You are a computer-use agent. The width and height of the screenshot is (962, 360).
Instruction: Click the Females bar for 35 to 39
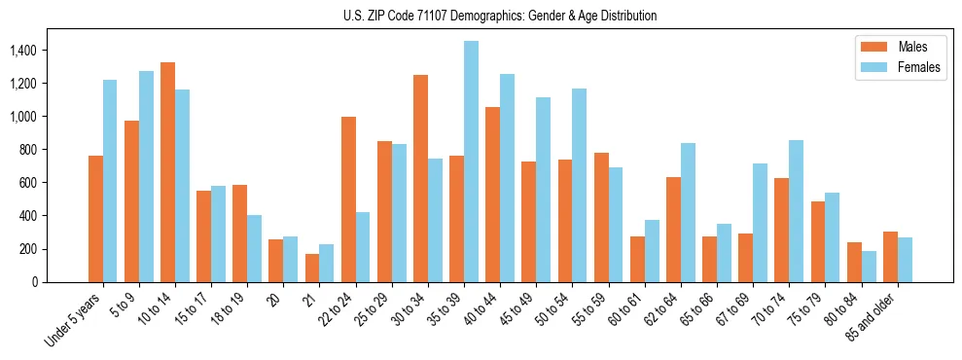pos(471,162)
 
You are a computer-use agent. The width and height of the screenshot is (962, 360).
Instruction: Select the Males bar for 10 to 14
pos(167,172)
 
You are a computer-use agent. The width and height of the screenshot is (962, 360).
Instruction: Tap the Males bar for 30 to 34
pos(420,178)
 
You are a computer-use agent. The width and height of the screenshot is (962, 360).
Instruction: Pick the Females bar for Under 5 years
pos(110,181)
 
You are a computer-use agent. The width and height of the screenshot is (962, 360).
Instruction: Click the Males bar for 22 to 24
pos(348,199)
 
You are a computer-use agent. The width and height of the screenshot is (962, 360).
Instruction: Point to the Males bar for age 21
pos(312,268)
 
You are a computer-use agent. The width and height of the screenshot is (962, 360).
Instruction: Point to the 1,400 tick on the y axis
pos(37,51)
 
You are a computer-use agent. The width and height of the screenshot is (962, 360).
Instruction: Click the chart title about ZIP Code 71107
pos(500,16)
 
